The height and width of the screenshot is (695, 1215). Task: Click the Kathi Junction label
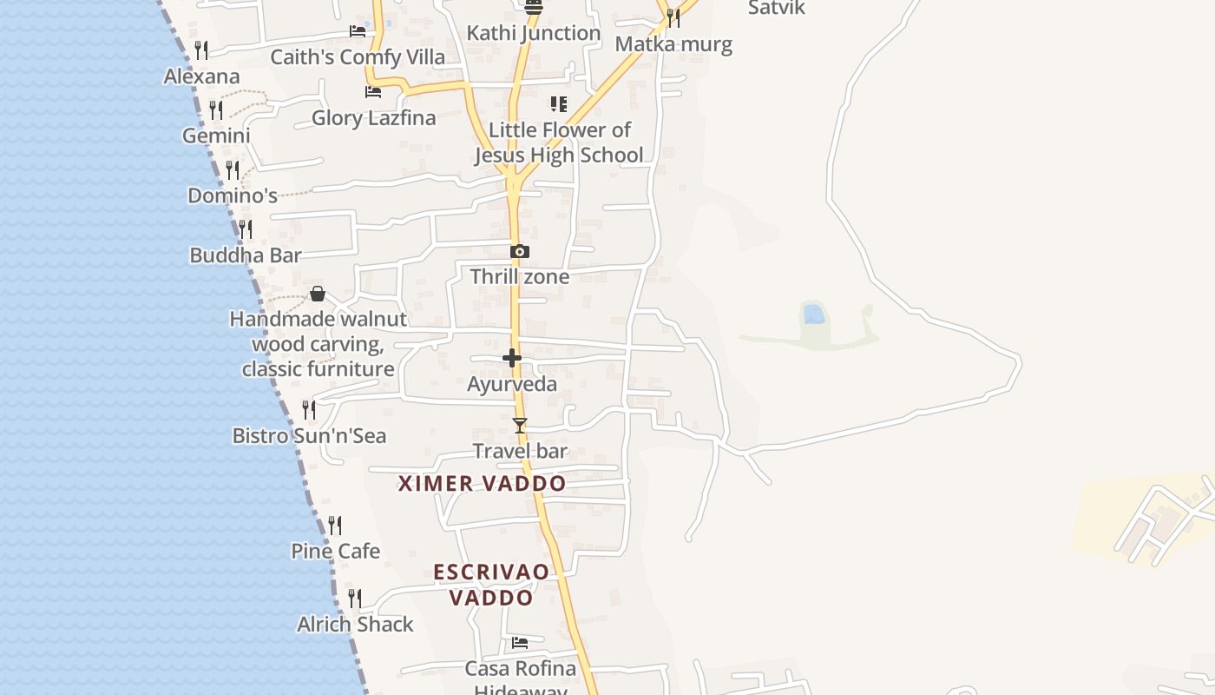[533, 33]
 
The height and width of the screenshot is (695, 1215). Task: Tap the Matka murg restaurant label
[673, 44]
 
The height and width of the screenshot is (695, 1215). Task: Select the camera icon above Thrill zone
[520, 252]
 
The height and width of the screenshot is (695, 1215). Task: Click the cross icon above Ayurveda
[512, 358]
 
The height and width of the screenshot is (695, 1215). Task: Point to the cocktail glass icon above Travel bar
[520, 426]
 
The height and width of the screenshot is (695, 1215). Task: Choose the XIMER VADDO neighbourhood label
[482, 484]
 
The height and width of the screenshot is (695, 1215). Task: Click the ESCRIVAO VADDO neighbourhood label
[491, 585]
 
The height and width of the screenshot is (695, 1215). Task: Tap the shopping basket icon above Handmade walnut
[318, 294]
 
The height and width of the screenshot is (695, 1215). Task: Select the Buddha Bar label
[246, 255]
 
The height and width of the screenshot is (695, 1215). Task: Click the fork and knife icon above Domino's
[233, 169]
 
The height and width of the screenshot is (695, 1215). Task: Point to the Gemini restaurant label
[216, 136]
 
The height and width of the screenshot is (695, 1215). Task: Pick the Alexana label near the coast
[201, 76]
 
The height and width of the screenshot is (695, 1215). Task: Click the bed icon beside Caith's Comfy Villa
[358, 31]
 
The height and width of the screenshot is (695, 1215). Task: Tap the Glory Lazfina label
[373, 118]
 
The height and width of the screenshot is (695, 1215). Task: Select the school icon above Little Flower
[559, 104]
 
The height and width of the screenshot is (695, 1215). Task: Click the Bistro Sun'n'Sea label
[309, 436]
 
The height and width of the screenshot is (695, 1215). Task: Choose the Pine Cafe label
[335, 552]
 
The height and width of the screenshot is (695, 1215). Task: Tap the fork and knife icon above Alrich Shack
[355, 598]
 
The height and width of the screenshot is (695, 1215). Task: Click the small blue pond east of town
[814, 314]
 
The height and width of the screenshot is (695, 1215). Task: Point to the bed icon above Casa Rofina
[520, 643]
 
